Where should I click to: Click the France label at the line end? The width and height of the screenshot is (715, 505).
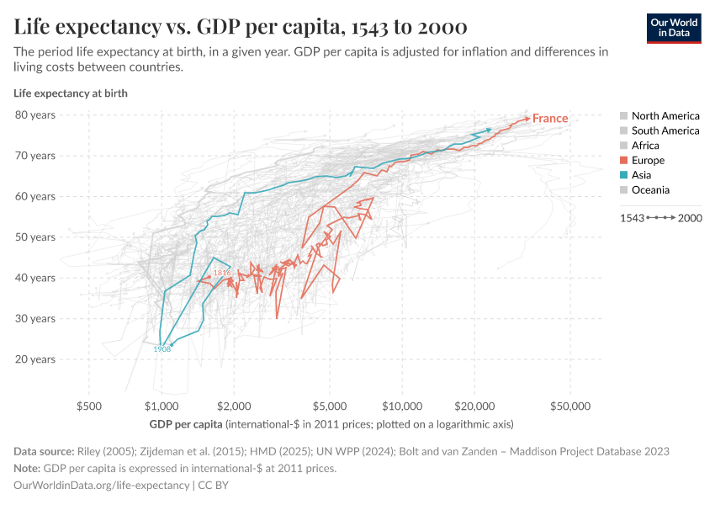[x=550, y=119]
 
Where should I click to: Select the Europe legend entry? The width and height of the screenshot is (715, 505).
[x=648, y=160]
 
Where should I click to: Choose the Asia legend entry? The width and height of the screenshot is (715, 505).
[x=641, y=175]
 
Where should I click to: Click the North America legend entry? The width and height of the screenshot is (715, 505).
[x=665, y=115]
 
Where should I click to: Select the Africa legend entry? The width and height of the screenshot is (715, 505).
[x=645, y=146]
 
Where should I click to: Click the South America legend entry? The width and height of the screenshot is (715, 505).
[x=665, y=130]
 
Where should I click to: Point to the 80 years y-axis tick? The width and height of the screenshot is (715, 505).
[x=35, y=114]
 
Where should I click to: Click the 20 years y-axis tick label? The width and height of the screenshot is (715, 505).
[x=35, y=359]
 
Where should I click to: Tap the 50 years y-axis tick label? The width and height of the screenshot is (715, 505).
[x=35, y=237]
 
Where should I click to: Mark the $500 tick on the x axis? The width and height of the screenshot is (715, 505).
[x=88, y=406]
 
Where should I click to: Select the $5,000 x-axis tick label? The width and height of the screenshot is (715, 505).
[x=330, y=406]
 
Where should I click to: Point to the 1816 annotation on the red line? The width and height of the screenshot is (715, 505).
[x=222, y=274]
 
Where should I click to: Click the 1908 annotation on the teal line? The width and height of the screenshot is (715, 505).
[x=163, y=349]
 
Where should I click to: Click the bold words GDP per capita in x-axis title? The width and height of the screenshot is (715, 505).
[x=186, y=423]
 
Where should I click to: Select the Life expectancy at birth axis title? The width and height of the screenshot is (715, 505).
[x=71, y=93]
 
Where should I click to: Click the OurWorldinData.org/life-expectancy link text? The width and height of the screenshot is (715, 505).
[x=102, y=486]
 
